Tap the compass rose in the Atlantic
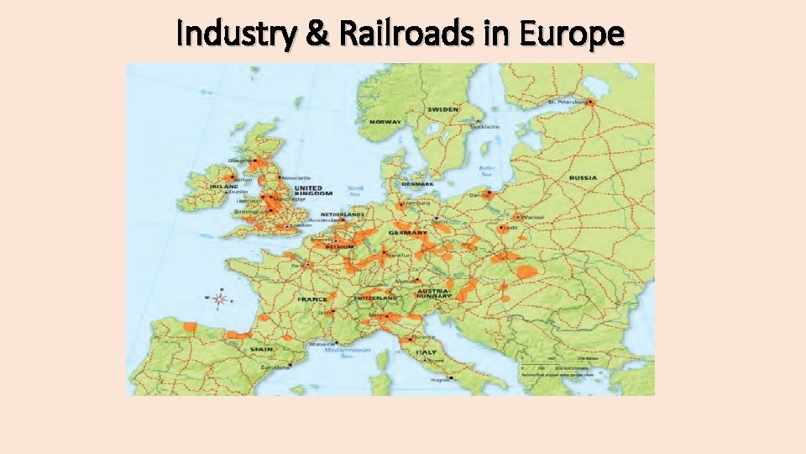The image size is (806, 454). click(220, 298)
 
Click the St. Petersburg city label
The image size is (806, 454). click(568, 102)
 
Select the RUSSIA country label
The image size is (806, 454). click(583, 177)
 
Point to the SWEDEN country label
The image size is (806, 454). click(442, 109)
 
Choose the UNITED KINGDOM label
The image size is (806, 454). click(308, 191)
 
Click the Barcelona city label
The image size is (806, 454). click(275, 367)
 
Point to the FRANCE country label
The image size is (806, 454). click(311, 299)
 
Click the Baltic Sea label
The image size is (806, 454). click(488, 171)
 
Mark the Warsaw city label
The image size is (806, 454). click(533, 217)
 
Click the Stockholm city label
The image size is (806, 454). click(484, 127)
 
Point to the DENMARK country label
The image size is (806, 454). click(417, 183)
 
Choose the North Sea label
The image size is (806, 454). click(356, 191)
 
